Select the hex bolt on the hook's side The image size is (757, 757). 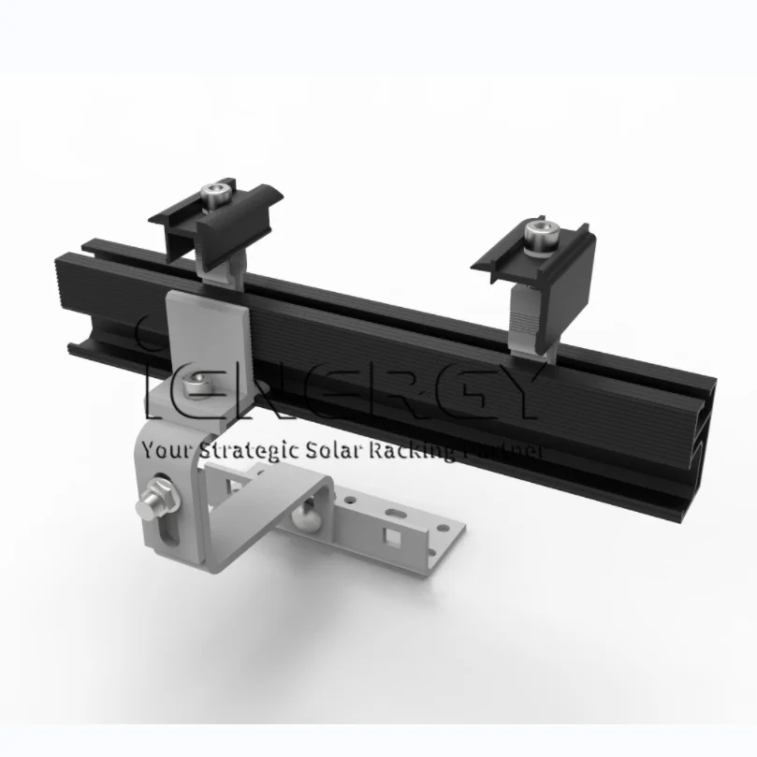click(x=156, y=498)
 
